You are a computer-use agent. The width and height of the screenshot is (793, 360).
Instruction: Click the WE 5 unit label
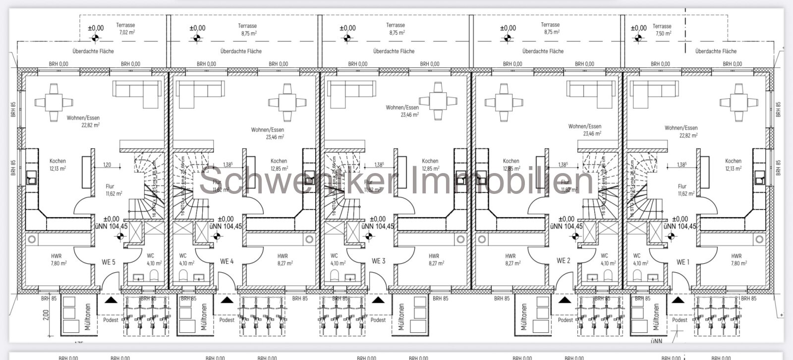(108, 262)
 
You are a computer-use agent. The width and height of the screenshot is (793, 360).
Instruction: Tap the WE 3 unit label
(378, 261)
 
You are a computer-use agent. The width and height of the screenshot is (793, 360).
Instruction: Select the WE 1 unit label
(682, 262)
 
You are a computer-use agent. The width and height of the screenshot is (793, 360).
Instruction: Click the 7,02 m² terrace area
(126, 29)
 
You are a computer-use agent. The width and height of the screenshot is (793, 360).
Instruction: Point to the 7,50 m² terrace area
(662, 30)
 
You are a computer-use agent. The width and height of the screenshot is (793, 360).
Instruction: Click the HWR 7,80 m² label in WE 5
(58, 260)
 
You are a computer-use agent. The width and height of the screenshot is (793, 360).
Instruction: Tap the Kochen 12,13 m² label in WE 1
(733, 165)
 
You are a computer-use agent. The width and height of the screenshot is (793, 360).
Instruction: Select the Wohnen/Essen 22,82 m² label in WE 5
(83, 121)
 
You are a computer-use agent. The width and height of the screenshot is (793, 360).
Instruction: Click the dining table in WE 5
(54, 102)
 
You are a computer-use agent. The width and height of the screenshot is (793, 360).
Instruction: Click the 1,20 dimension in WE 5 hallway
(107, 165)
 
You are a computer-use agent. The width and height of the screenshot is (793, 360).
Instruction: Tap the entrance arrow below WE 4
(227, 300)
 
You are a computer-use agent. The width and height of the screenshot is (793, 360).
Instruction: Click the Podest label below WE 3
(378, 320)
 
